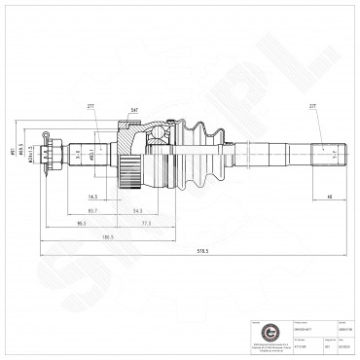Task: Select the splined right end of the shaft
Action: click(x=324, y=153)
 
